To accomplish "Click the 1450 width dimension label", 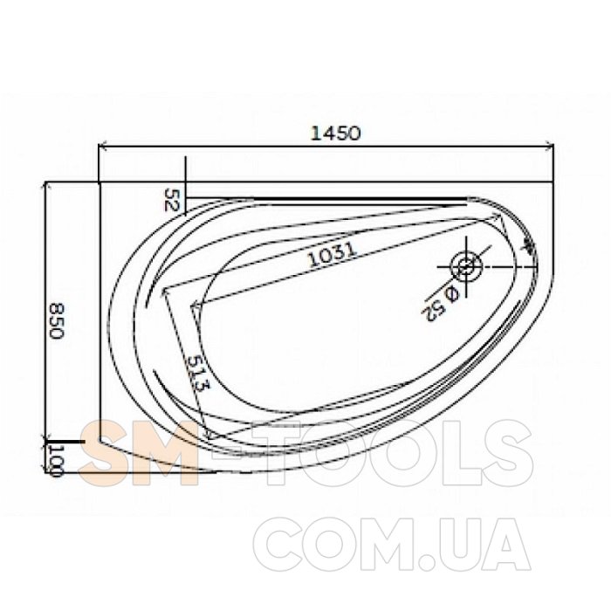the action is (335, 134).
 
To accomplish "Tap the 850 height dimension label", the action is (57, 321).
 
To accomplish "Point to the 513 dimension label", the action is (197, 374).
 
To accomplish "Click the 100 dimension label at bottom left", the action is (56, 461).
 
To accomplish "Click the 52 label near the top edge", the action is (171, 200).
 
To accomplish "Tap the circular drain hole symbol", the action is (466, 267).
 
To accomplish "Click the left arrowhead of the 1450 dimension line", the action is (102, 147).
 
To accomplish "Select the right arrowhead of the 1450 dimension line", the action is (549, 146).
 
